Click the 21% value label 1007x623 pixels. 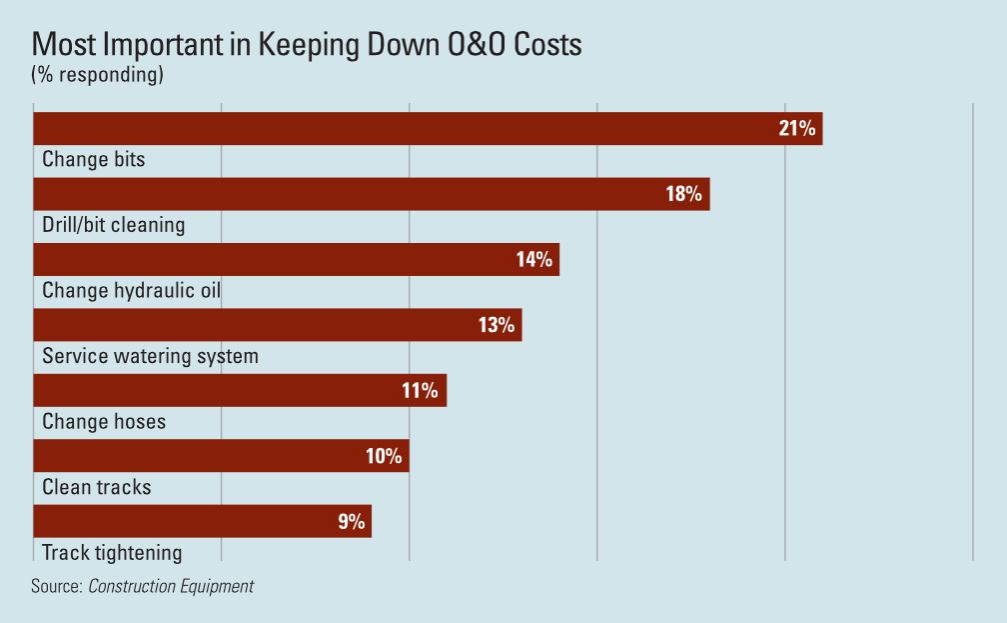pyautogui.click(x=797, y=128)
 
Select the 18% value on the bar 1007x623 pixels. pyautogui.click(x=684, y=194)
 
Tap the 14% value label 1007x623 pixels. pyautogui.click(x=534, y=260)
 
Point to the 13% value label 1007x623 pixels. pyautogui.click(x=497, y=325)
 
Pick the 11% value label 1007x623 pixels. pyautogui.click(x=421, y=391)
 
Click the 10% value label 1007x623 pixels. pyautogui.click(x=384, y=457)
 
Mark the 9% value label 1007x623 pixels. pyautogui.click(x=351, y=521)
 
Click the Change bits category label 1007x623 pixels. pyautogui.click(x=94, y=159)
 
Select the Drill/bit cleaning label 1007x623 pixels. pyautogui.click(x=114, y=225)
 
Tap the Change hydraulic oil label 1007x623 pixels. pyautogui.click(x=131, y=291)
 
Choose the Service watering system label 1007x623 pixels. pyautogui.click(x=150, y=356)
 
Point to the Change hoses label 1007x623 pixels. pyautogui.click(x=104, y=422)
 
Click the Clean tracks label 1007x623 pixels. pyautogui.click(x=97, y=488)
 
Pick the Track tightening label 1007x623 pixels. pyautogui.click(x=112, y=553)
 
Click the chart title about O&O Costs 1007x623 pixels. pyautogui.click(x=307, y=45)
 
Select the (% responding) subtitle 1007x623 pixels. pyautogui.click(x=97, y=75)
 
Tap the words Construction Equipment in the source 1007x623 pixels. pyautogui.click(x=171, y=587)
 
